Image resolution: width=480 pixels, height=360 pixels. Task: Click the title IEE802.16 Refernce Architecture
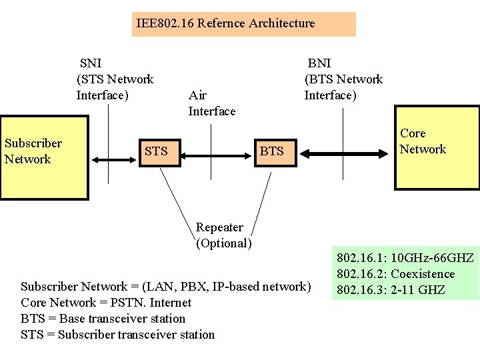tap(225, 23)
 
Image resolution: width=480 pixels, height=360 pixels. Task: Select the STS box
tap(156, 151)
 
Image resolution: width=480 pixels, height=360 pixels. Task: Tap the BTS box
tap(271, 151)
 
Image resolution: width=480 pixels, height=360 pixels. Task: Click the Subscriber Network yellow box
tap(44, 158)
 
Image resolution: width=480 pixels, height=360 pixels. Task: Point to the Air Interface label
tap(211, 103)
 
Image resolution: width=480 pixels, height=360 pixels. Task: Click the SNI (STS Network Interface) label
tap(115, 79)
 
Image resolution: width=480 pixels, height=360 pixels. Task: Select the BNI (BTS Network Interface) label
tap(343, 79)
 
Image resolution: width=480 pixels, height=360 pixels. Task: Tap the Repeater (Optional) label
tap(223, 235)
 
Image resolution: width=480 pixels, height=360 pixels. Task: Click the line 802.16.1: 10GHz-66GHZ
tap(405, 258)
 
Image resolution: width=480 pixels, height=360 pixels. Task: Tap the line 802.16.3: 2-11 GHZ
tap(391, 290)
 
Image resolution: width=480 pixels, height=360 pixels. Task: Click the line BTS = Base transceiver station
tap(103, 319)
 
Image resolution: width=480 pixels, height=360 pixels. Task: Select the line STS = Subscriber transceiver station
tap(117, 335)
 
